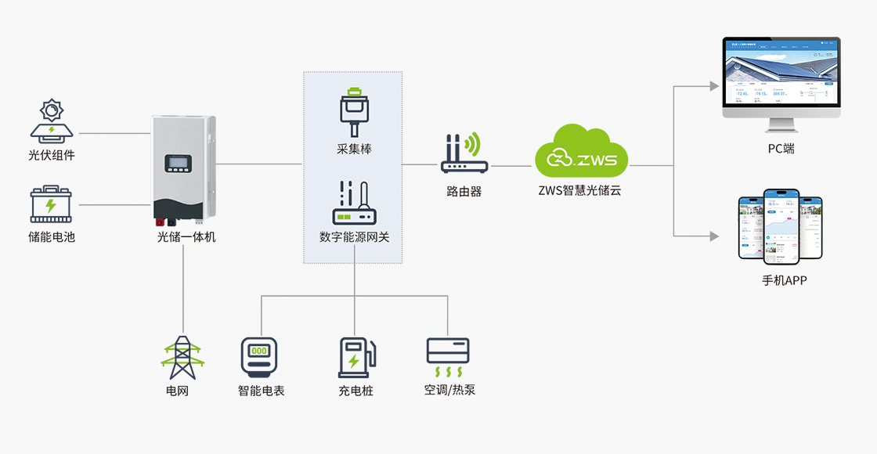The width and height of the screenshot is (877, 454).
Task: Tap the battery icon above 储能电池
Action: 52,205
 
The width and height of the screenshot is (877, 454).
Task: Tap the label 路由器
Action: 464,190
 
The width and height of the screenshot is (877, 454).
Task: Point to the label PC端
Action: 781,148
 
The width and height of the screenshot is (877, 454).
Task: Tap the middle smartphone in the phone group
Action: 781,225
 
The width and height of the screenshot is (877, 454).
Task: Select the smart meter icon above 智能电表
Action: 260,357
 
